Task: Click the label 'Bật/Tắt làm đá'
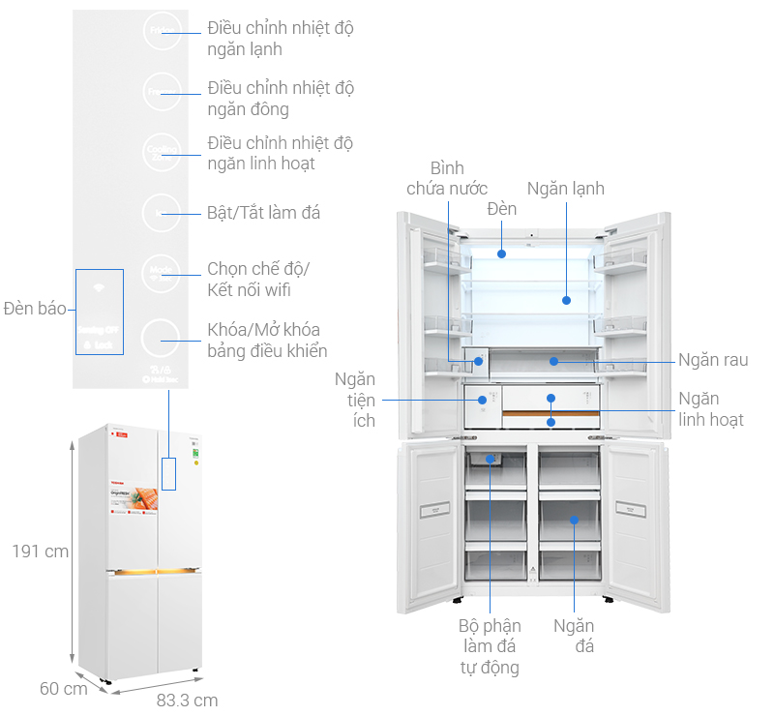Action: pyautogui.click(x=263, y=212)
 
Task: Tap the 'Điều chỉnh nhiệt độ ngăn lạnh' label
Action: pyautogui.click(x=281, y=38)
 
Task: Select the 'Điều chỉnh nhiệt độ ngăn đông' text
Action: pyautogui.click(x=281, y=98)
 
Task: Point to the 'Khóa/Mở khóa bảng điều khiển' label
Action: pyautogui.click(x=267, y=340)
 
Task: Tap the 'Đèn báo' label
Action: pyautogui.click(x=34, y=309)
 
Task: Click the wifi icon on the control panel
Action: pyautogui.click(x=98, y=288)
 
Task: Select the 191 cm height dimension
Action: pyautogui.click(x=40, y=552)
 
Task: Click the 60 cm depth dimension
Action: pyautogui.click(x=63, y=689)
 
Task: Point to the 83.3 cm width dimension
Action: pyautogui.click(x=187, y=700)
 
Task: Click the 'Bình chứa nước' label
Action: pyautogui.click(x=446, y=178)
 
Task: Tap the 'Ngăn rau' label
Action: pyautogui.click(x=712, y=360)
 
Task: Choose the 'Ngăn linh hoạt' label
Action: pyautogui.click(x=711, y=408)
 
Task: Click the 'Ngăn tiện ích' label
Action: pyautogui.click(x=355, y=400)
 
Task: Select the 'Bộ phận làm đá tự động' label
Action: pyautogui.click(x=490, y=646)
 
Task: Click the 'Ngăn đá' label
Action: pyautogui.click(x=574, y=636)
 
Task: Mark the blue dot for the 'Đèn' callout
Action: pyautogui.click(x=501, y=254)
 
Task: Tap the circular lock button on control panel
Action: pyautogui.click(x=161, y=340)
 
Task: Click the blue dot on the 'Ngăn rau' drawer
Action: pyautogui.click(x=552, y=361)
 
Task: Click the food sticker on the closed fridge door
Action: pyautogui.click(x=134, y=505)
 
